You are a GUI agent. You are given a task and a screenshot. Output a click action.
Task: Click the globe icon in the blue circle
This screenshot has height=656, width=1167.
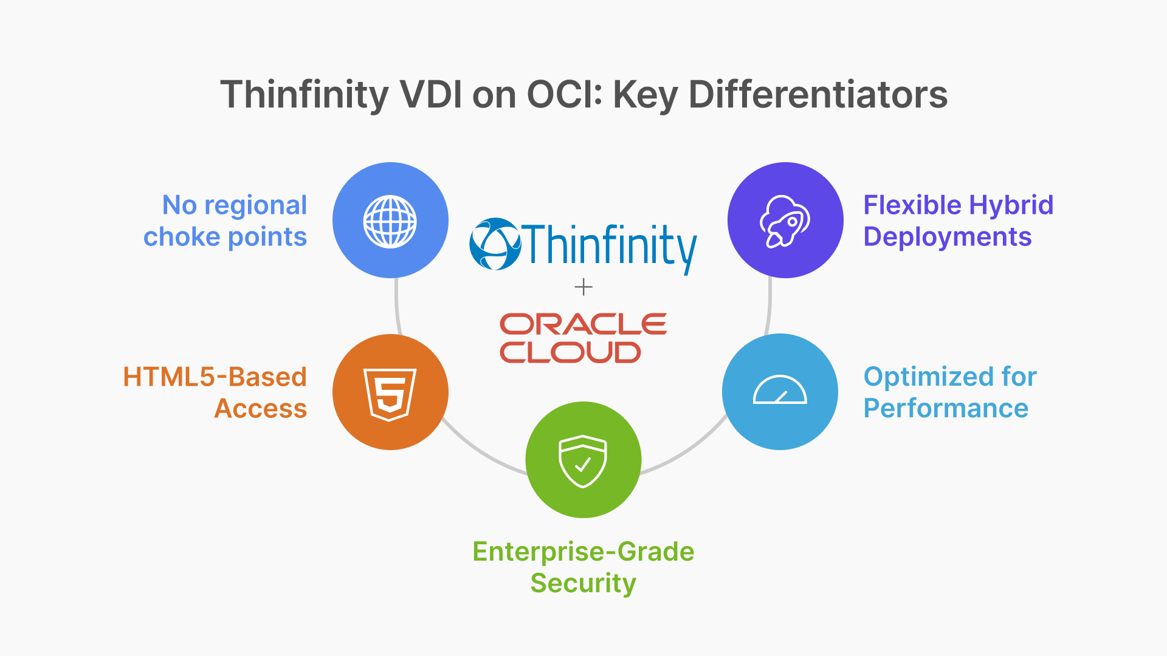[390, 221]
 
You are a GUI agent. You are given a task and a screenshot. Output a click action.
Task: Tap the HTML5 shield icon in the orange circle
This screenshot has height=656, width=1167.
[390, 394]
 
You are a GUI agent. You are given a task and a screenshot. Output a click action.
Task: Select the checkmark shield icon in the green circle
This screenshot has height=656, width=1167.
[583, 461]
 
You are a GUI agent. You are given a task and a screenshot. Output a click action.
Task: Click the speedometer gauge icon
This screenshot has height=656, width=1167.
[780, 391]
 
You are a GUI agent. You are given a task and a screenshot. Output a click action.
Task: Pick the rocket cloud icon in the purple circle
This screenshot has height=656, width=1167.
[785, 221]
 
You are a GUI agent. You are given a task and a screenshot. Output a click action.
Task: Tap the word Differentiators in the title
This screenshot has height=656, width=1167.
[818, 95]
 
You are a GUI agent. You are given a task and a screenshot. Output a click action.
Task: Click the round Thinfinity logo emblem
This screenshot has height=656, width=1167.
[495, 244]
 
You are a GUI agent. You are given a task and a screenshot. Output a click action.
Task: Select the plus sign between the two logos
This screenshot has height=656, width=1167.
[583, 287]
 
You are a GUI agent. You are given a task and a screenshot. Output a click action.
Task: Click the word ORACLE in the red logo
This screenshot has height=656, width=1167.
[583, 324]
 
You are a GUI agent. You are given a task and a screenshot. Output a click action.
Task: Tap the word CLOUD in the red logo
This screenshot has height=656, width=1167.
[570, 352]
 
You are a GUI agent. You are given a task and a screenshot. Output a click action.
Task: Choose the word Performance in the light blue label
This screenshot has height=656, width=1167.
[946, 408]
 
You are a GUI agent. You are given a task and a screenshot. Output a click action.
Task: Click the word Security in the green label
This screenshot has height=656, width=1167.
[583, 583]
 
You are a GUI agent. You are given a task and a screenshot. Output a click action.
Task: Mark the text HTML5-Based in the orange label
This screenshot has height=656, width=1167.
[215, 377]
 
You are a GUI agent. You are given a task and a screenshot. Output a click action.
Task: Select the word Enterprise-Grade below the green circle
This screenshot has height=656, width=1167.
[583, 552]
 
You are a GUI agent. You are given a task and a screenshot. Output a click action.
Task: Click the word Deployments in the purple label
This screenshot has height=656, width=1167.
[947, 237]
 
